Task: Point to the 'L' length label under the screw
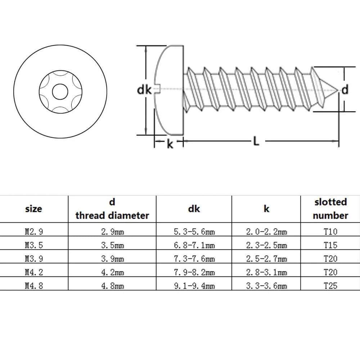tap(256, 141)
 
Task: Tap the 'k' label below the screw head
tap(170, 144)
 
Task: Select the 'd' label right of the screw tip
tap(345, 90)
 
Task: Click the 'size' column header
tap(34, 208)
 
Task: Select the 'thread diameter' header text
tap(112, 215)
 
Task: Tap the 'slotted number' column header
tap(330, 209)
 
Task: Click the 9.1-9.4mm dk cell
tap(194, 286)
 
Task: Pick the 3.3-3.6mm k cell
tap(266, 286)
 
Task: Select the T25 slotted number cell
tap(330, 286)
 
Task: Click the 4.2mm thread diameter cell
tap(112, 273)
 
